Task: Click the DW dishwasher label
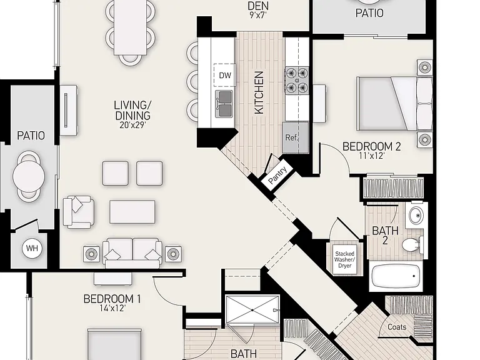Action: click(x=225, y=75)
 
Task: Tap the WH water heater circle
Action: click(x=32, y=248)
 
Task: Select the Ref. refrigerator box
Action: click(x=295, y=137)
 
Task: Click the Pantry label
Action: click(x=277, y=175)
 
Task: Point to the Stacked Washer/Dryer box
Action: click(x=345, y=259)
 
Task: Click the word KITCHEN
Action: click(x=259, y=92)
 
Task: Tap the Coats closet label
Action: click(x=397, y=327)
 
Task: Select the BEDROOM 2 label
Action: click(x=371, y=146)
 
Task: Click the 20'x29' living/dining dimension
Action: click(x=132, y=125)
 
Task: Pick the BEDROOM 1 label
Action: click(x=112, y=299)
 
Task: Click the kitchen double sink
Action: click(x=224, y=104)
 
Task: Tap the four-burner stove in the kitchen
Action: click(x=297, y=80)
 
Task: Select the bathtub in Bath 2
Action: click(x=396, y=275)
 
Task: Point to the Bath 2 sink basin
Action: click(x=416, y=215)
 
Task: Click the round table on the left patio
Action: click(x=29, y=177)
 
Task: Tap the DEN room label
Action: click(x=257, y=6)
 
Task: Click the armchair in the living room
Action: click(x=78, y=212)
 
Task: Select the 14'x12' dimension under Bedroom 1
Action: click(x=112, y=308)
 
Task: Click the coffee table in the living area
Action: click(x=132, y=212)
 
